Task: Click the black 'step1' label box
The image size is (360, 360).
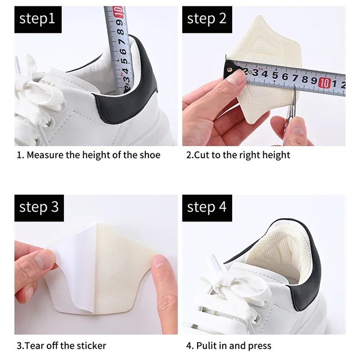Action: pos(37,19)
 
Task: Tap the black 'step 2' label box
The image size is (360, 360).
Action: pos(207,19)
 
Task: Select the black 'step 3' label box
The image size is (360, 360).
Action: pos(38,207)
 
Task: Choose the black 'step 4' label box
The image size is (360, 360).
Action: pos(207,207)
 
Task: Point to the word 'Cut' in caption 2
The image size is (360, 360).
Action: pos(201,155)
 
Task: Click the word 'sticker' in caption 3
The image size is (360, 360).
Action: pos(90,346)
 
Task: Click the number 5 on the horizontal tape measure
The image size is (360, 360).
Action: pos(274,76)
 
